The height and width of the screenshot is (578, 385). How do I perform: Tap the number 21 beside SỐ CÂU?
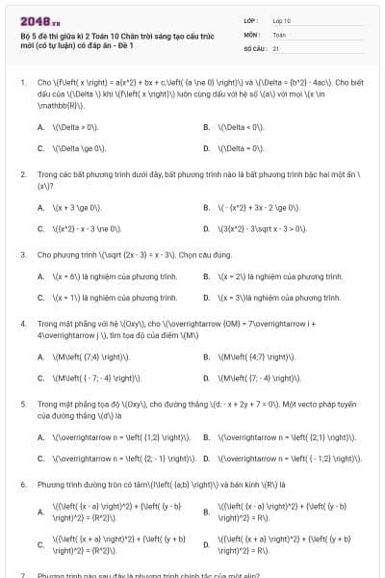(x=276, y=46)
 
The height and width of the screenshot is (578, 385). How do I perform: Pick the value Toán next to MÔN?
(x=279, y=33)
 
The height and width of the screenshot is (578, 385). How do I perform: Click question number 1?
(x=22, y=83)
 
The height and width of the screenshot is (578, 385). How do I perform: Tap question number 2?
(x=22, y=174)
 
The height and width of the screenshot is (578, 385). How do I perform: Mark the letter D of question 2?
(x=207, y=228)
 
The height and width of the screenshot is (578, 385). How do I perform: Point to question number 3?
(x=22, y=255)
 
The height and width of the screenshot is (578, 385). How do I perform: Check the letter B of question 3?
(x=207, y=276)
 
